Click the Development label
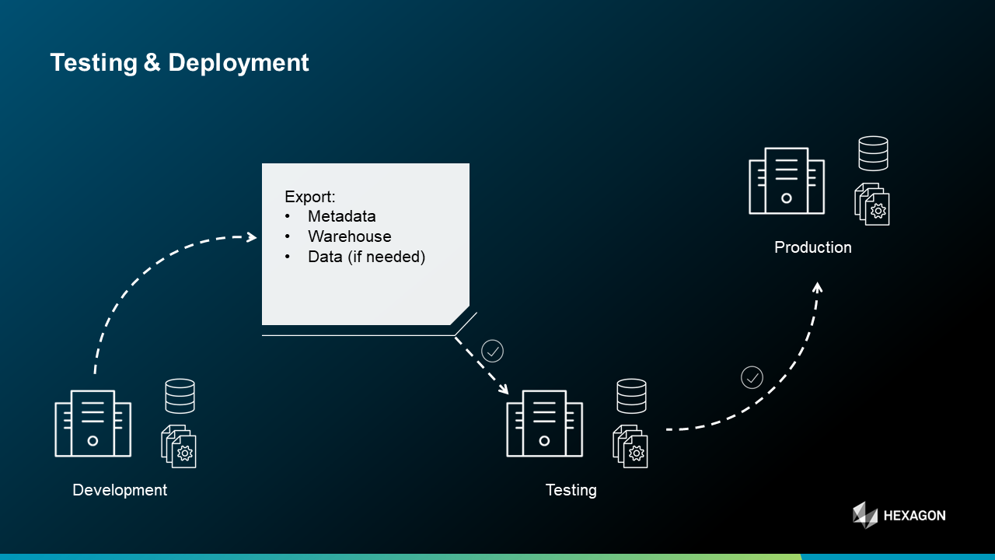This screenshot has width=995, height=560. [x=120, y=490]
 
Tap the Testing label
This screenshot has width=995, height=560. [x=571, y=490]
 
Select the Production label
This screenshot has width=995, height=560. [x=812, y=247]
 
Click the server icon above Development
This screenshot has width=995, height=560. [x=93, y=423]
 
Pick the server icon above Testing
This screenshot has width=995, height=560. [x=544, y=423]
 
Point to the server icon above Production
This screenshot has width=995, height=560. [x=786, y=180]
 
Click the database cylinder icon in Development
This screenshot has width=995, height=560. [x=180, y=396]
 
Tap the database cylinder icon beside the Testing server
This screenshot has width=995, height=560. [x=631, y=396]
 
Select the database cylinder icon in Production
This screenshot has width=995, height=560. [x=873, y=153]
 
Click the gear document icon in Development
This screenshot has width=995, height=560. [x=180, y=446]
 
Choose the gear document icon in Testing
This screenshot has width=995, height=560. [x=630, y=446]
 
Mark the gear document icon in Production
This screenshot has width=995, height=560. [x=872, y=204]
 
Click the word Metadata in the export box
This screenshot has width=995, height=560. [x=342, y=216]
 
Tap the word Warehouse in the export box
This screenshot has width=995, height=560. [x=349, y=236]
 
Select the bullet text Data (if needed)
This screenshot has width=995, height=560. [x=366, y=257]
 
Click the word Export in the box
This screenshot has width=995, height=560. [x=309, y=196]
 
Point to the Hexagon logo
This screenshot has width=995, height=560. [x=899, y=515]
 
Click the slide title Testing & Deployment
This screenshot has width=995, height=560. [x=180, y=62]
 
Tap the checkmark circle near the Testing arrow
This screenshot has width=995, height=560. [x=493, y=351]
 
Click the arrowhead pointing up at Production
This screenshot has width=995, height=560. [x=817, y=287]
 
